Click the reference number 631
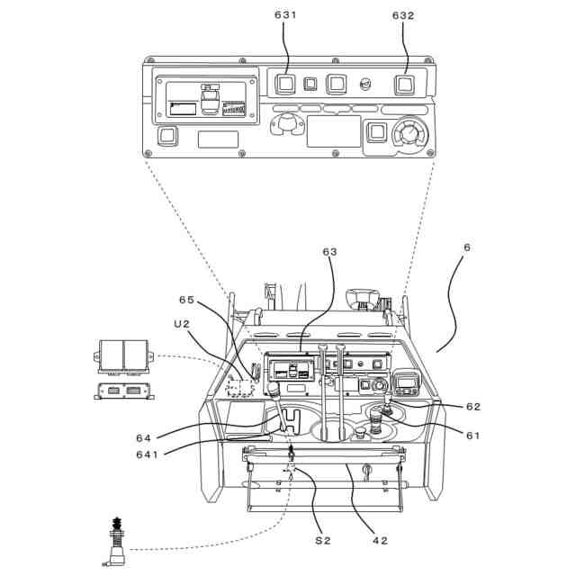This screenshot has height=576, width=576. click(x=284, y=15)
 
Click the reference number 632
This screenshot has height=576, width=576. click(x=403, y=15)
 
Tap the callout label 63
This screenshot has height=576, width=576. click(x=329, y=252)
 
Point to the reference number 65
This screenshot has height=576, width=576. click(x=186, y=300)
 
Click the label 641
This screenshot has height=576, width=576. click(x=148, y=454)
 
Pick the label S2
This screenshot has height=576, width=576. click(x=323, y=541)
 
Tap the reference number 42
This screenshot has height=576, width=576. click(x=380, y=541)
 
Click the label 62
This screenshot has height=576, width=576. click(x=473, y=406)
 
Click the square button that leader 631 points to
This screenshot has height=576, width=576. click(x=286, y=85)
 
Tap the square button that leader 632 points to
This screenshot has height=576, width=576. click(x=404, y=85)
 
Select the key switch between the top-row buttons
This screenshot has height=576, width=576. click(x=366, y=85)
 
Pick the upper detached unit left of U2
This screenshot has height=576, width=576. click(x=124, y=356)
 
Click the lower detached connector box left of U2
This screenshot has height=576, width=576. click(x=123, y=391)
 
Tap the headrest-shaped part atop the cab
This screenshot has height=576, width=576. click(x=364, y=297)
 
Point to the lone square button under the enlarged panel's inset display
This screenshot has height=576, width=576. click(x=167, y=136)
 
